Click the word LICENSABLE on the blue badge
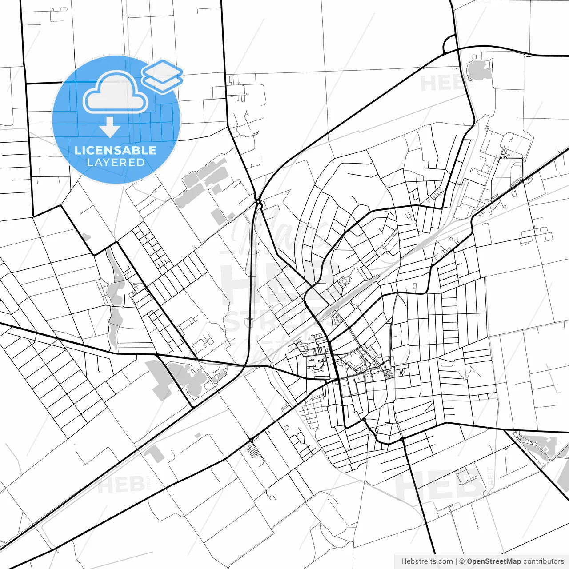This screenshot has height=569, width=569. point(116,150)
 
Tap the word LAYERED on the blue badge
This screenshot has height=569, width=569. point(116,163)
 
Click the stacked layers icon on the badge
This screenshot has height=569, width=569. point(163,76)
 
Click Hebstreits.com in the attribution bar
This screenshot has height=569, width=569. point(427,561)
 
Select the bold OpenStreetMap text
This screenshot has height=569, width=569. point(494,561)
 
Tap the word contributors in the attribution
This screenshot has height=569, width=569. point(544,561)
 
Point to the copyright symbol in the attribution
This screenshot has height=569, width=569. point(462,561)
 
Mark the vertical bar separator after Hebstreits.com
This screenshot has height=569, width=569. point(456,561)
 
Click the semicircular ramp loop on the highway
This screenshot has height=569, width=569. point(449,44)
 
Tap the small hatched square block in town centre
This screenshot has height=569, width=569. point(389,374)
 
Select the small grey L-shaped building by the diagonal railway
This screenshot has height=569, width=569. point(153,453)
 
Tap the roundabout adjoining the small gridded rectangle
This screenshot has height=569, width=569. point(251,440)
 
